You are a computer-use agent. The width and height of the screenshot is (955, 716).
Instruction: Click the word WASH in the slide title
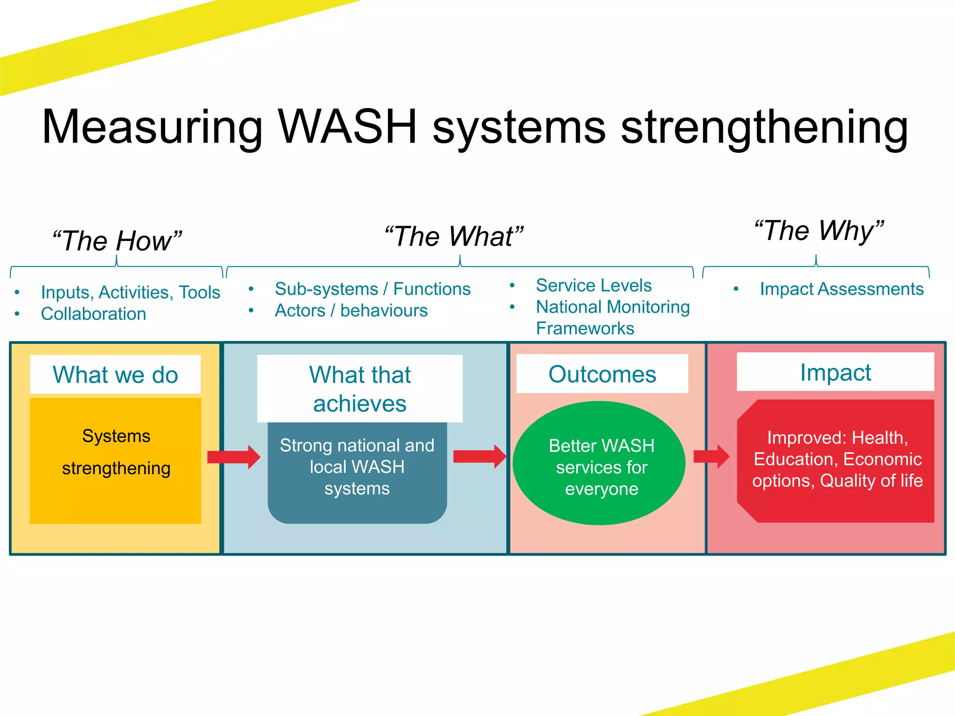tap(347, 127)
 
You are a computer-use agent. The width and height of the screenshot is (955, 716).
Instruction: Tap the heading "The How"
tap(117, 241)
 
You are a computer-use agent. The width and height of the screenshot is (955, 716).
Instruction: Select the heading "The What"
tap(454, 236)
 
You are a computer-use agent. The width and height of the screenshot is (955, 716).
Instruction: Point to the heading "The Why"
tap(819, 231)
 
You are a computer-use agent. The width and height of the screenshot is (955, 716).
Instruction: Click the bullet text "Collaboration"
tap(93, 314)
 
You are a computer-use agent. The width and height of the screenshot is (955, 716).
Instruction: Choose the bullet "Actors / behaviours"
tap(351, 310)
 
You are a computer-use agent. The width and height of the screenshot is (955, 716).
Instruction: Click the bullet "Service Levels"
tap(593, 285)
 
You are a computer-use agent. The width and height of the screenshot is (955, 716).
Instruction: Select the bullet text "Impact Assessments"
tap(841, 289)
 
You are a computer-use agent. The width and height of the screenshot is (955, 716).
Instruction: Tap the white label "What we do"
tap(115, 375)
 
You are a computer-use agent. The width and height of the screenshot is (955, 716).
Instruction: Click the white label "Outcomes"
tap(602, 374)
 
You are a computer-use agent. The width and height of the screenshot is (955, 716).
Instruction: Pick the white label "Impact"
tap(835, 372)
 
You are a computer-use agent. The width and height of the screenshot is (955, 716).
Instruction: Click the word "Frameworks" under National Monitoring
tap(585, 329)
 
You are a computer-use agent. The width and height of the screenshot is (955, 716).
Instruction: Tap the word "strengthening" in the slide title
tap(764, 127)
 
